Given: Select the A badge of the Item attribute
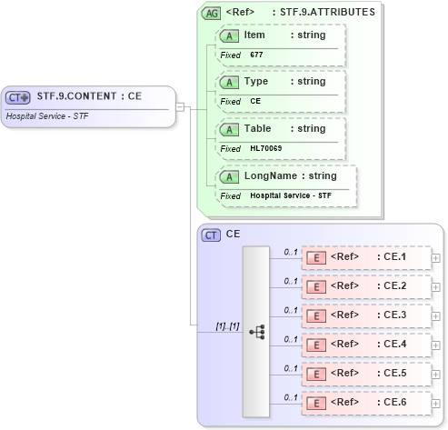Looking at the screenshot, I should click(231, 35).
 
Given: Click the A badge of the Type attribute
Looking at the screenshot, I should click(231, 82).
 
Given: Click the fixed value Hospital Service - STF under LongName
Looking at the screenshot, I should click(291, 195).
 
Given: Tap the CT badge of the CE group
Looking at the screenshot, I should click(212, 235).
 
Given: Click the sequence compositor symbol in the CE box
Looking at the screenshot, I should click(257, 333).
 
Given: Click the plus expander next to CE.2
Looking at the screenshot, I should click(436, 286).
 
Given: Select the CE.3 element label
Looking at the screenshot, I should click(392, 315).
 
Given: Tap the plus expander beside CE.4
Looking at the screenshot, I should click(436, 345).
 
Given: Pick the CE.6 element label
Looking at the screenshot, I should click(392, 402).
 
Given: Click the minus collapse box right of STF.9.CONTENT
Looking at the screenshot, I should click(180, 106).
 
